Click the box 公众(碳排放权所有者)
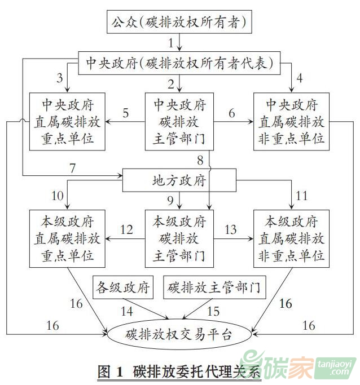179,23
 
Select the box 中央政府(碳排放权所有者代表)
179,61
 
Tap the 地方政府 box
179,181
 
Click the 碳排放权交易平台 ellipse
179,334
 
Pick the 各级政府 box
122,288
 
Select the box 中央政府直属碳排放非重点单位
292,121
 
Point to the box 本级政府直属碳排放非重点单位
292,238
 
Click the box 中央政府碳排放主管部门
179,121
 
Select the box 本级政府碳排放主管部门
179,238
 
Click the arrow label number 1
171,42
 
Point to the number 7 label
72,167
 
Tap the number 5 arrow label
125,113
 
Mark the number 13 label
230,230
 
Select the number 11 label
301,197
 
